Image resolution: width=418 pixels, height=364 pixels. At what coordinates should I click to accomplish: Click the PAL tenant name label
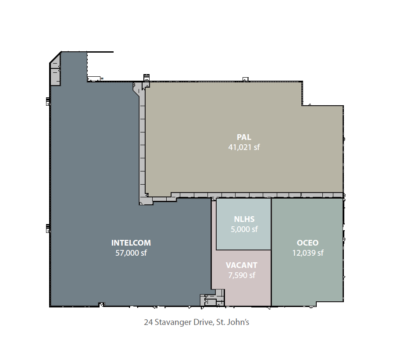click(x=244, y=137)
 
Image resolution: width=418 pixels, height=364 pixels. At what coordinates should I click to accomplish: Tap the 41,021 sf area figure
click(x=244, y=147)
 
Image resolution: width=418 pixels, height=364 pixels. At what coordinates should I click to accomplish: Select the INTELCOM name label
click(x=131, y=243)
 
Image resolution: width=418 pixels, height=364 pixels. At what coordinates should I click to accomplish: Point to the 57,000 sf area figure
click(x=131, y=253)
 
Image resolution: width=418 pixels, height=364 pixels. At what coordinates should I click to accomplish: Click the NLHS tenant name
click(x=244, y=219)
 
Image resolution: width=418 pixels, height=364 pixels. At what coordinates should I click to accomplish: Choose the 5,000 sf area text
click(x=244, y=229)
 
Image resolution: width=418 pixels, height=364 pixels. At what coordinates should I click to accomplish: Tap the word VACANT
click(x=242, y=265)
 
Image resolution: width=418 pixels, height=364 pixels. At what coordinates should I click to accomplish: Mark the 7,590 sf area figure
click(x=242, y=275)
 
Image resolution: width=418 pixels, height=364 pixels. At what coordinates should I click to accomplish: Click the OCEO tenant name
click(x=307, y=243)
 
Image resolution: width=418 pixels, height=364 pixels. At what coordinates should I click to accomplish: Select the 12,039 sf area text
click(x=308, y=253)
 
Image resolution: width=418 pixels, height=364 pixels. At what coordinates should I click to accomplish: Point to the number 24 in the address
click(x=148, y=322)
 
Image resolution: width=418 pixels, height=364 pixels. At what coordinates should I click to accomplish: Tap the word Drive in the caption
click(x=204, y=322)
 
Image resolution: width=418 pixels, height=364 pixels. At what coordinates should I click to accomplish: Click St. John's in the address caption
click(x=232, y=322)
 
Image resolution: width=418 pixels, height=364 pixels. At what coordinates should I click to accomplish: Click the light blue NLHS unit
click(x=243, y=224)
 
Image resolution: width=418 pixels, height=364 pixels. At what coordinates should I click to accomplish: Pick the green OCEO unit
click(x=307, y=250)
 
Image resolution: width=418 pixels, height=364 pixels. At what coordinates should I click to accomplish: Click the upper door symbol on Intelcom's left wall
click(x=48, y=102)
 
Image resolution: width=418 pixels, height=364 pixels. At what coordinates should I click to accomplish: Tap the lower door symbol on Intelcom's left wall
click(x=48, y=228)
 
